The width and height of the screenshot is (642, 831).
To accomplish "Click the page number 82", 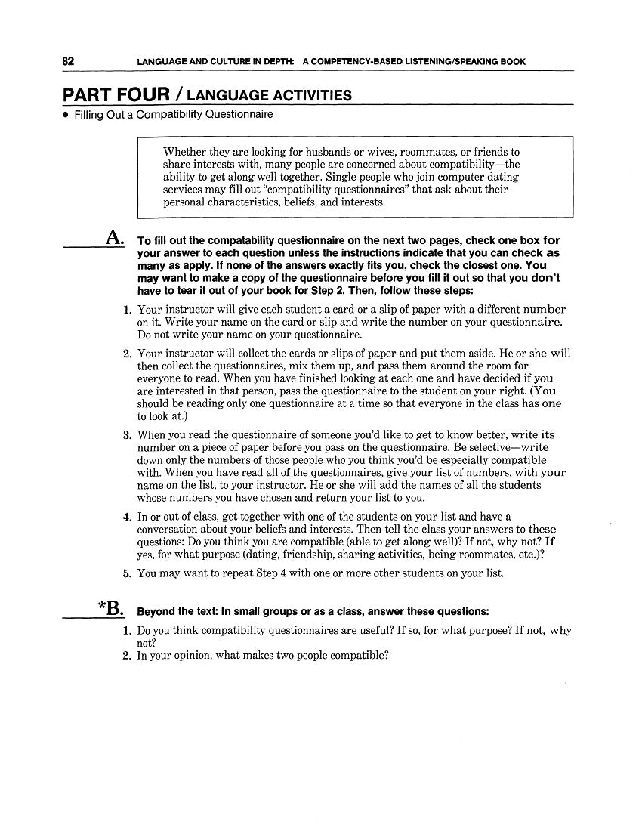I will pos(69,61).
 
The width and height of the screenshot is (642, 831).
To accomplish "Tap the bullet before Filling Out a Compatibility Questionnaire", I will pos(66,115).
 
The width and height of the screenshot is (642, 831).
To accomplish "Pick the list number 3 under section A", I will pos(128,435).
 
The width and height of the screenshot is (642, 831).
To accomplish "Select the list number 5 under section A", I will pos(128,573).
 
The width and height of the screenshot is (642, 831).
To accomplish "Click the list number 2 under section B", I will pos(128,656).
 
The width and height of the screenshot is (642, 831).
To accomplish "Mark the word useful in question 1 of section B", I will pos(352,630).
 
